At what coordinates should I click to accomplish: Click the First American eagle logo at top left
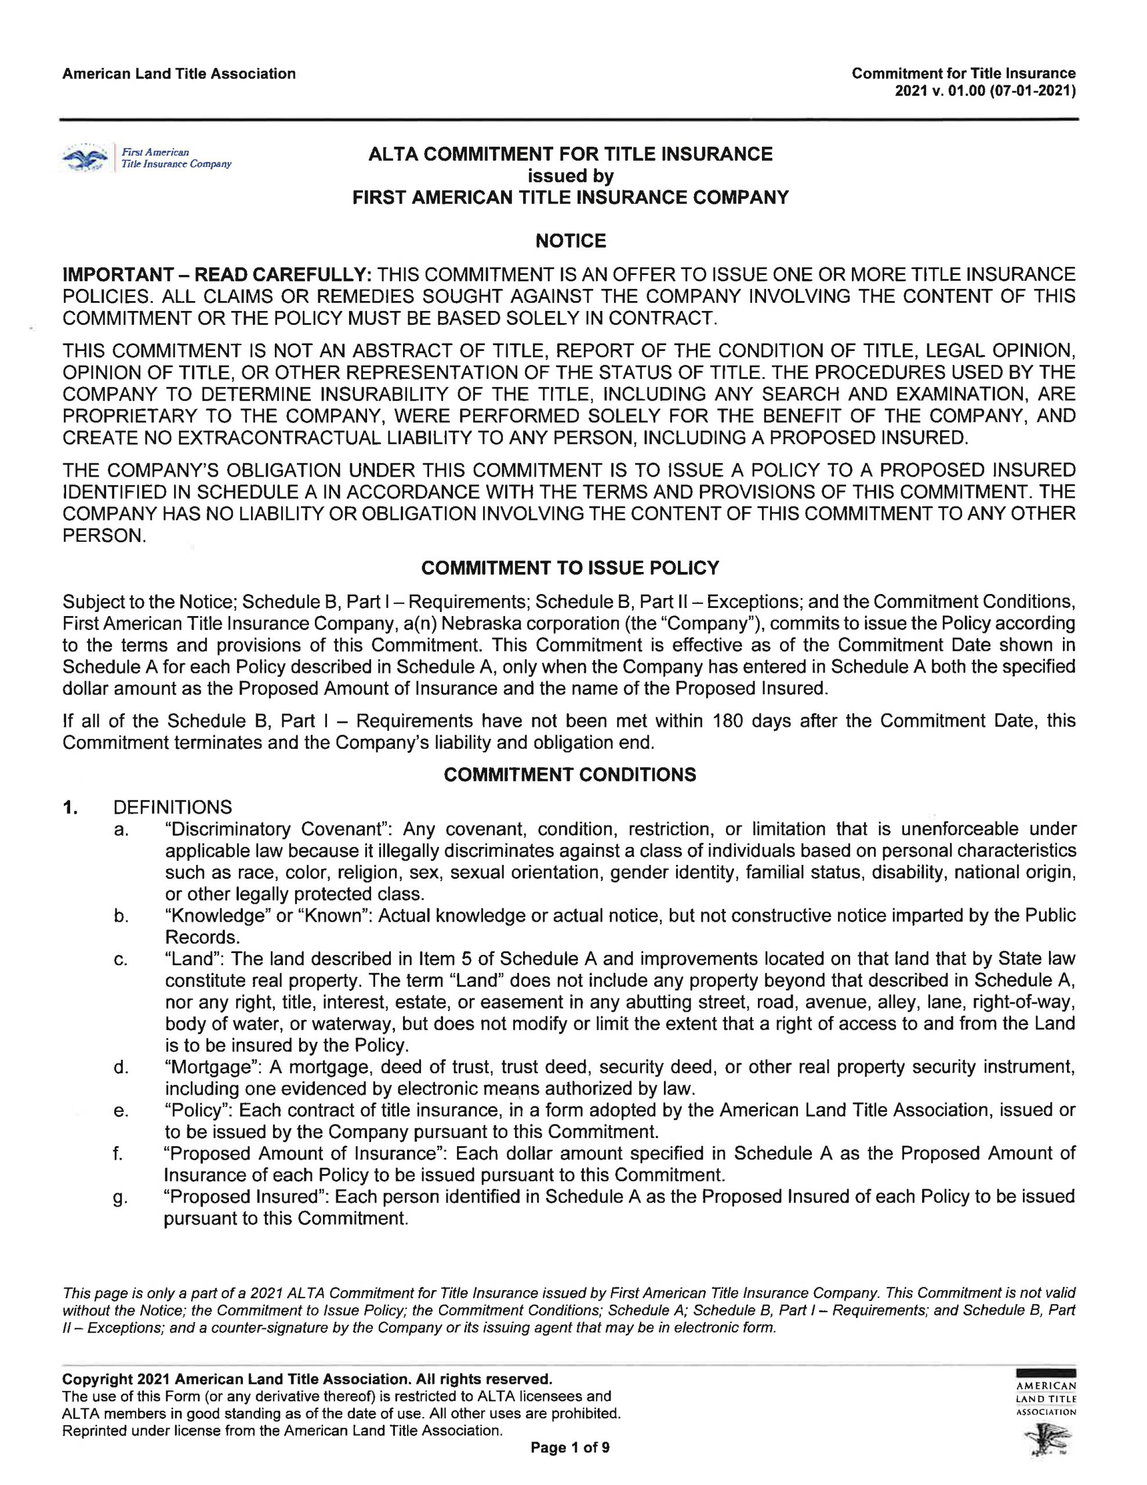point(86,158)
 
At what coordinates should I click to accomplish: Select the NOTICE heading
point(571,241)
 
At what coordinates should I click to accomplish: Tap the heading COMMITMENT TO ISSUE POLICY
point(570,568)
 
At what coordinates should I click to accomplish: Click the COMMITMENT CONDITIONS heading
point(570,774)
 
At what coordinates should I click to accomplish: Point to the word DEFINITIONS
point(173,807)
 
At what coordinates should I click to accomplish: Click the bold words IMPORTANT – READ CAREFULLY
point(217,275)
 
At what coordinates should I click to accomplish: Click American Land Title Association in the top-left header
point(179,74)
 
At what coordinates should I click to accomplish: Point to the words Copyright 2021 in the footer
point(116,1379)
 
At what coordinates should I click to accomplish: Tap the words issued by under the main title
point(571,176)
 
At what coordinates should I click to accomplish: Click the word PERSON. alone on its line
point(104,536)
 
